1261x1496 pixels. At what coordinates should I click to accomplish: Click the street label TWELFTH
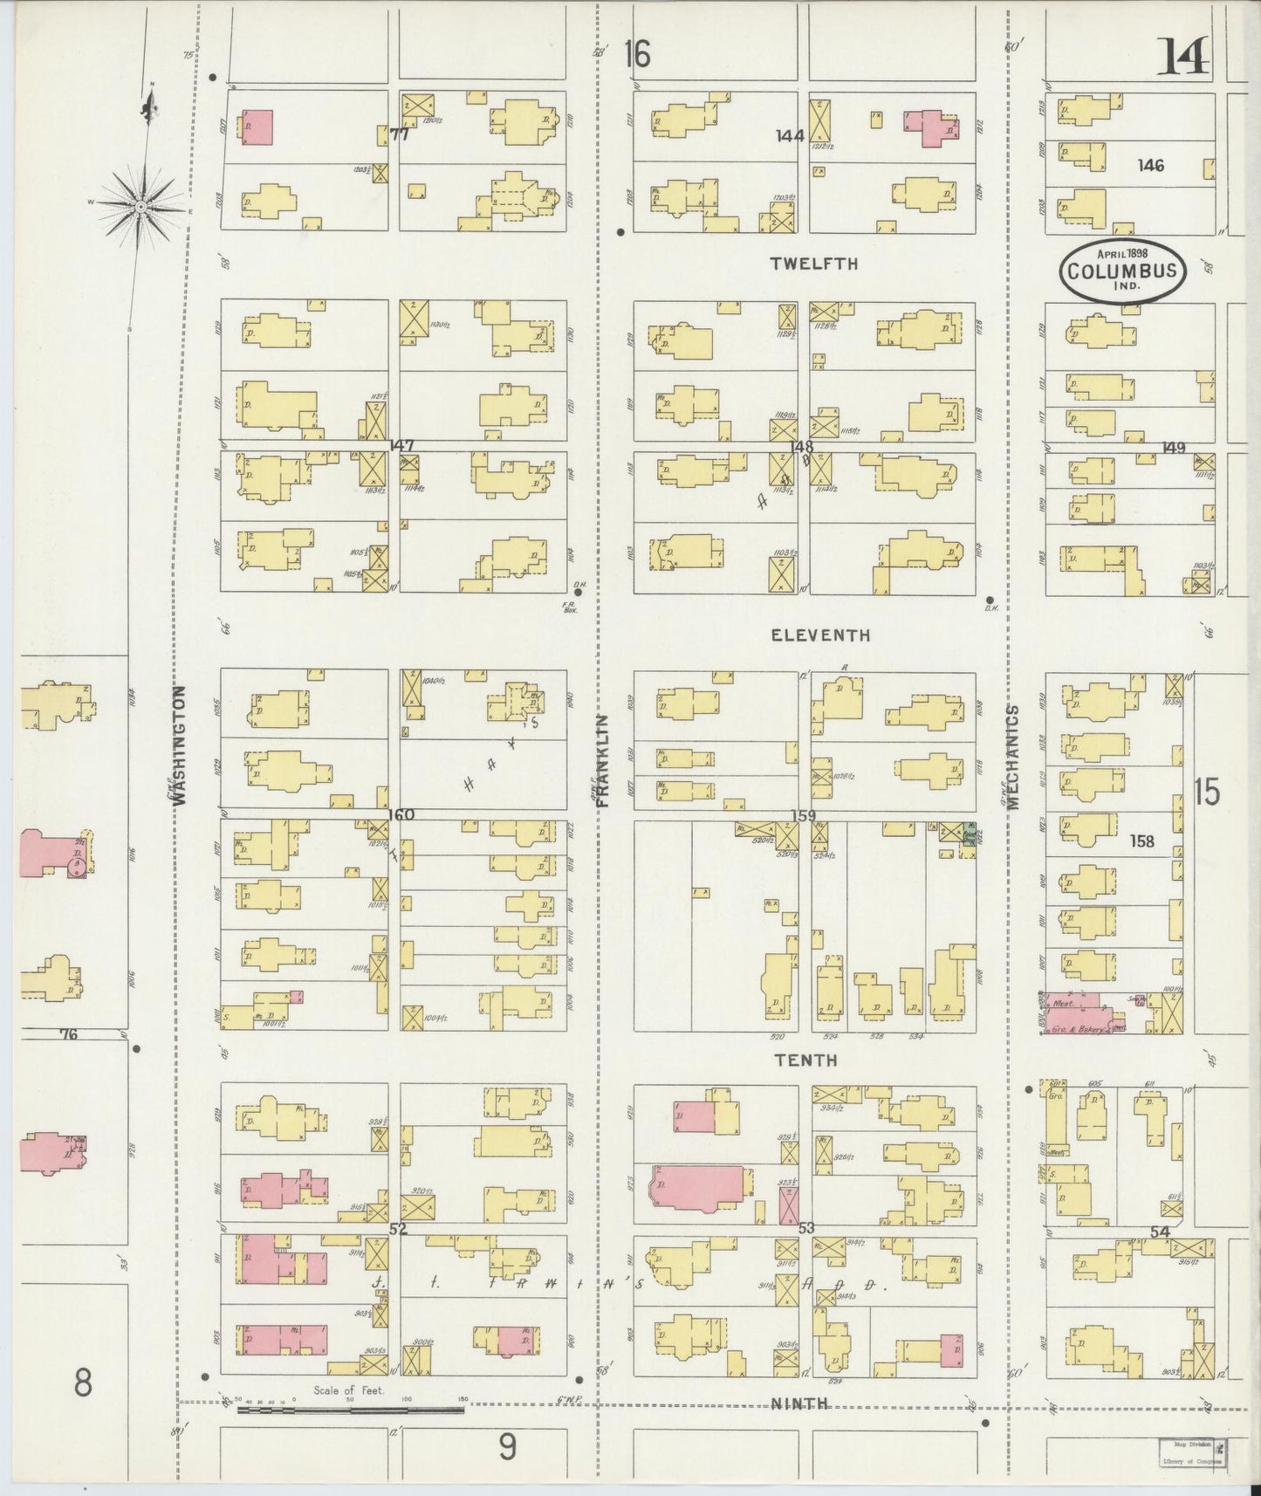pyautogui.click(x=814, y=264)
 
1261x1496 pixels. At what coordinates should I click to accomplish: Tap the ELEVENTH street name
pyautogui.click(x=820, y=635)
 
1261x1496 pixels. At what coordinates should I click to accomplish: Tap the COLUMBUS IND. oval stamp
pyautogui.click(x=1122, y=271)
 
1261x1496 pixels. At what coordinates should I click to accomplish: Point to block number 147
pyautogui.click(x=402, y=446)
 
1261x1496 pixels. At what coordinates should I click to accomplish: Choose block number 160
pyautogui.click(x=402, y=815)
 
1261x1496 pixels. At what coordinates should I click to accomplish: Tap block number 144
pyautogui.click(x=790, y=136)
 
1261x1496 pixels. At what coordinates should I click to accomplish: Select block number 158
pyautogui.click(x=1141, y=841)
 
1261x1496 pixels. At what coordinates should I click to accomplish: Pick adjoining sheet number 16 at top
pyautogui.click(x=637, y=55)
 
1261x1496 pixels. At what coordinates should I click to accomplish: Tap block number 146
pyautogui.click(x=1151, y=165)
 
